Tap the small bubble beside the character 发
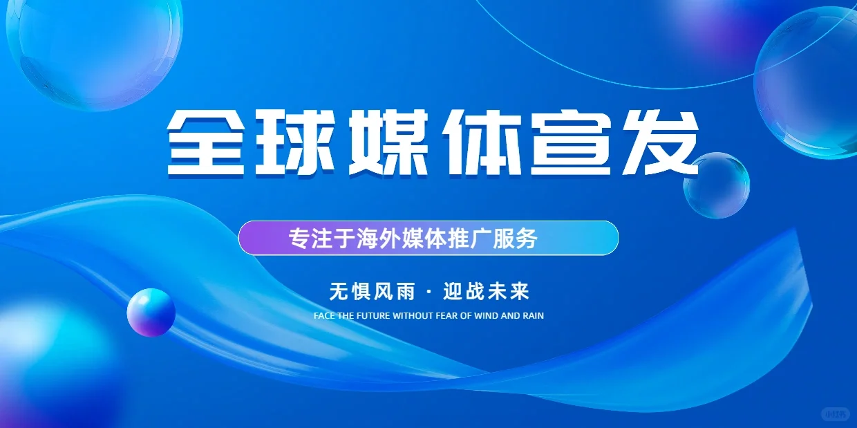click(x=716, y=185)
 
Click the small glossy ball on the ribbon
click(x=151, y=313)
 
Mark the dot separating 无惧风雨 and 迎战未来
click(x=428, y=292)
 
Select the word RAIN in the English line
click(x=533, y=316)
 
